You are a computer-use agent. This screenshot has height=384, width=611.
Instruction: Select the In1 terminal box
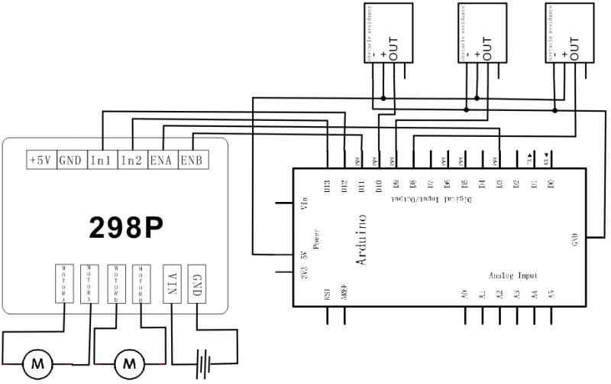(x=102, y=160)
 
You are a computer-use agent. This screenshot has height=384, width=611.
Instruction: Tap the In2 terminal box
(x=131, y=160)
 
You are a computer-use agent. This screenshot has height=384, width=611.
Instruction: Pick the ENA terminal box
(x=161, y=160)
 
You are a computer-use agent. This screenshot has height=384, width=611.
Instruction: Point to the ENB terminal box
(x=191, y=160)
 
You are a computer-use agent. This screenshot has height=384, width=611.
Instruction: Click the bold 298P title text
(x=125, y=226)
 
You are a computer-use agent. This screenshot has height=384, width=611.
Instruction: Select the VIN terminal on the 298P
(x=173, y=284)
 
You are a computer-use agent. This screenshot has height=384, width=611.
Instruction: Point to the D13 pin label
(x=327, y=186)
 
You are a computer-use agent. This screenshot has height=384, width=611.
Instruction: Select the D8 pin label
(x=413, y=184)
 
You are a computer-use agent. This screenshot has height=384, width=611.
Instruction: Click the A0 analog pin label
(x=464, y=293)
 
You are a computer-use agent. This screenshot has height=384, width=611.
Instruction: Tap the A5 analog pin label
(x=552, y=293)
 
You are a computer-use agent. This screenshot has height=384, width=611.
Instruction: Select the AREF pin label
(x=345, y=293)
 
